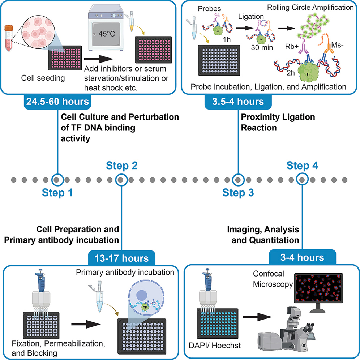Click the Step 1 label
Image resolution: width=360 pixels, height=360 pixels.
pos(57,193)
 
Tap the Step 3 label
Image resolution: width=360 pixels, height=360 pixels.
pos(238,193)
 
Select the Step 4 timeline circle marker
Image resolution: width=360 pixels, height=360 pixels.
pos(303,179)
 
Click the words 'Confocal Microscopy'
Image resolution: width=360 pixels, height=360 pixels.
pos(272,280)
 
